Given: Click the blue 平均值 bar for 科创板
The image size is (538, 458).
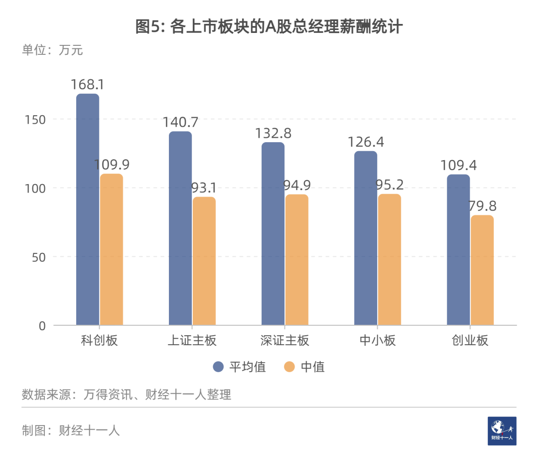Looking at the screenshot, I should [x=88, y=210].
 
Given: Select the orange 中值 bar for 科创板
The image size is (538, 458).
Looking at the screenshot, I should [x=112, y=249].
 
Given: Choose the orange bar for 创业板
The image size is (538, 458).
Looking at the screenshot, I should [x=482, y=270].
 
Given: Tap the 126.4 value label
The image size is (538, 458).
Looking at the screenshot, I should [x=366, y=142].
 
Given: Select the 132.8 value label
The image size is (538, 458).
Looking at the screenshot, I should [x=273, y=134].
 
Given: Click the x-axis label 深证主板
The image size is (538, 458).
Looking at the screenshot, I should [x=284, y=341].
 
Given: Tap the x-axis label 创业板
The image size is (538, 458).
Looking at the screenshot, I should [x=470, y=341].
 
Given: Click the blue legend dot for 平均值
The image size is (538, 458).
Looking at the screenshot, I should [x=218, y=367].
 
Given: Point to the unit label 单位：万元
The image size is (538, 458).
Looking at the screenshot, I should [x=52, y=50].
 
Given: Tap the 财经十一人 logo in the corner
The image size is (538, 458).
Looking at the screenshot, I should [x=502, y=431].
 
